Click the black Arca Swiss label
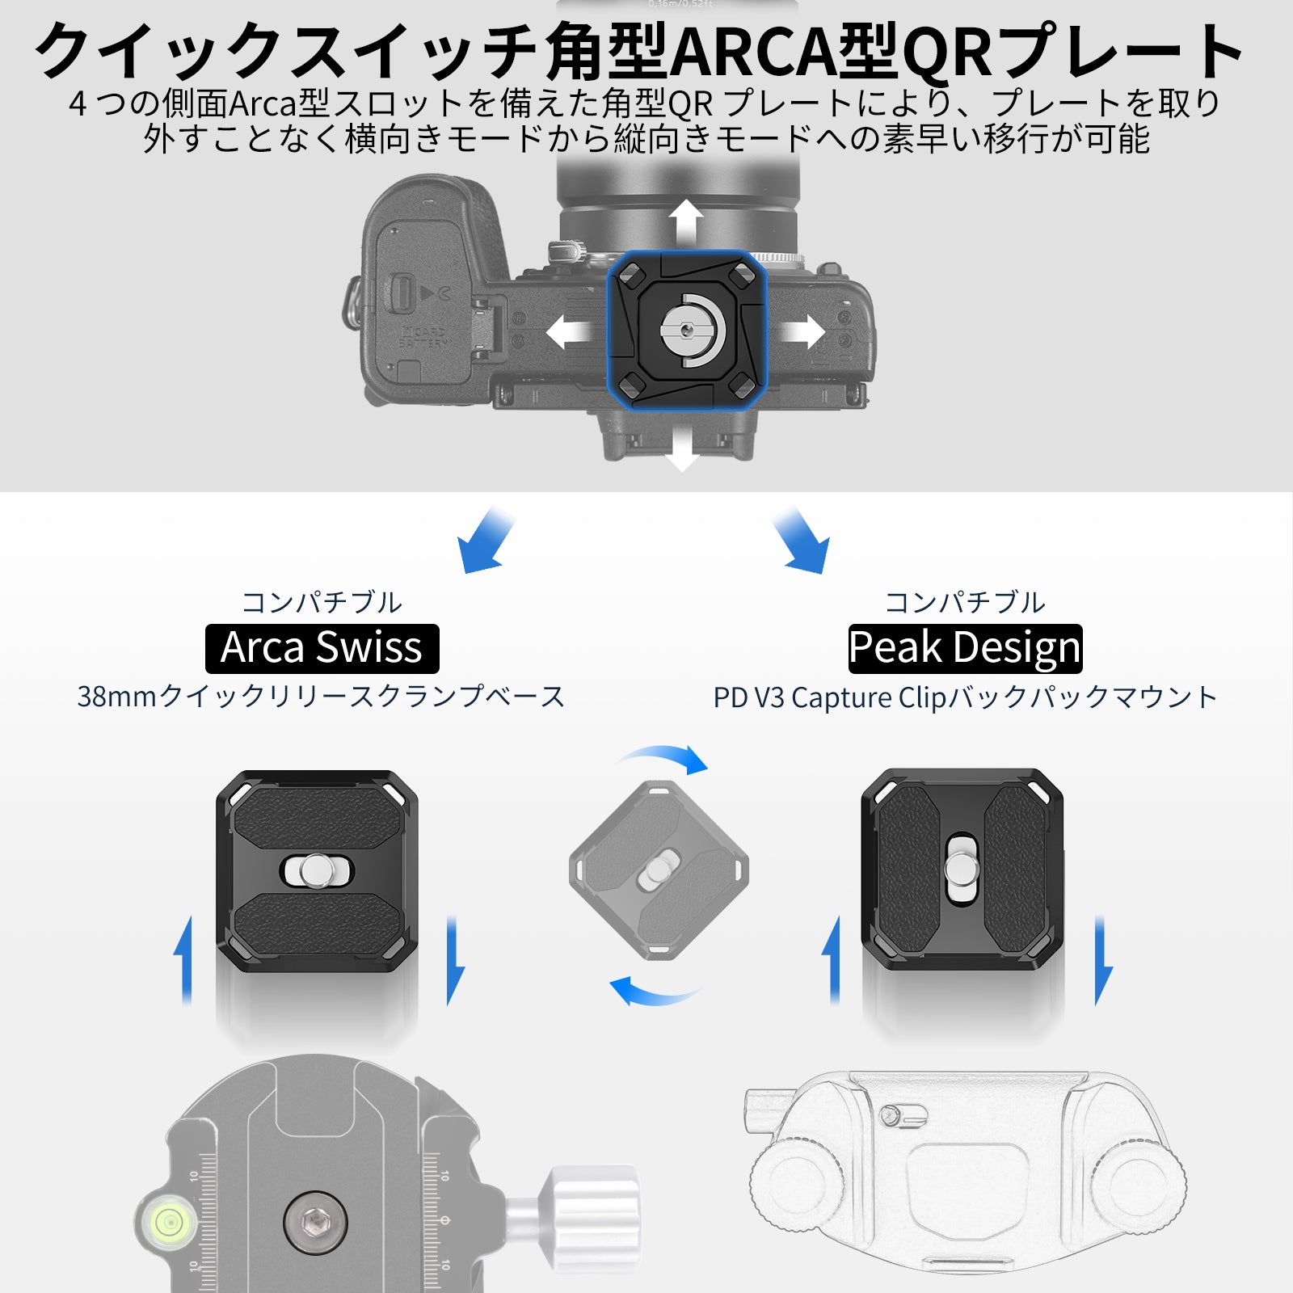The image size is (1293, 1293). [322, 649]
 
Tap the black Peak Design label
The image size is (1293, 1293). [965, 649]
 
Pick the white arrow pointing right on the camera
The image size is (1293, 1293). [801, 331]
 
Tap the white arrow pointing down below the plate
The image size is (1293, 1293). [683, 448]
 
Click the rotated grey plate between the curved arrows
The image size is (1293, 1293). [659, 870]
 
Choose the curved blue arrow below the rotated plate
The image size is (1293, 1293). [653, 991]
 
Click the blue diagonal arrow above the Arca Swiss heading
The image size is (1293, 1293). [485, 541]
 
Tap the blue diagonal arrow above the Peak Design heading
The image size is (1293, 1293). [800, 541]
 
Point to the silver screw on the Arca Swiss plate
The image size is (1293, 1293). [316, 870]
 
